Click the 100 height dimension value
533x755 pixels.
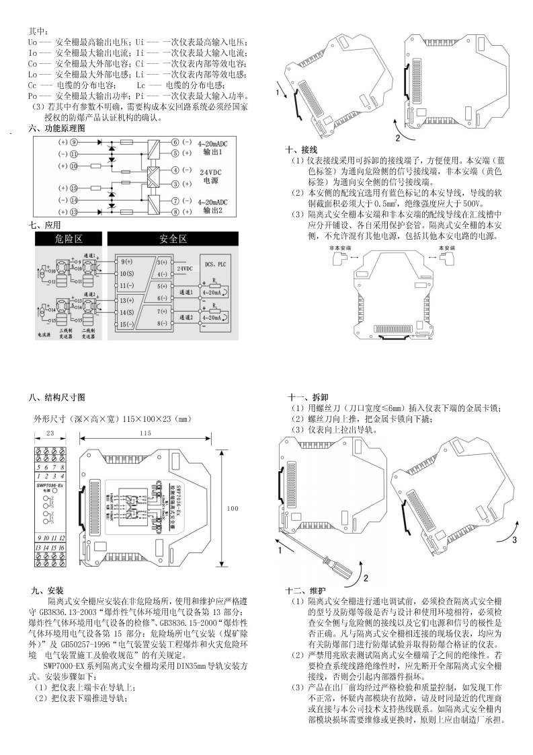233,508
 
